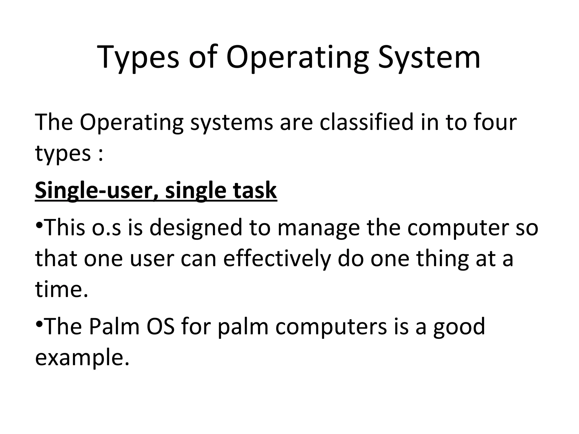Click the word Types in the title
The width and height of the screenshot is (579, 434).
(x=138, y=58)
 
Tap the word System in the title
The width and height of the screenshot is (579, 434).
(x=429, y=58)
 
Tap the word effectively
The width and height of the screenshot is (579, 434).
(x=277, y=259)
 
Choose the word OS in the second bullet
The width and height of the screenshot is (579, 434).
(x=160, y=326)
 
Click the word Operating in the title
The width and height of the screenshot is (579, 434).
(x=297, y=58)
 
